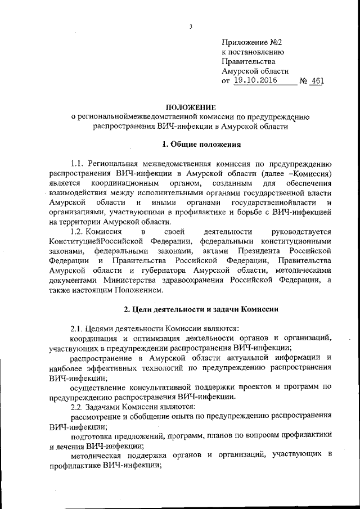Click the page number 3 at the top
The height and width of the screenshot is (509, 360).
pos(191,27)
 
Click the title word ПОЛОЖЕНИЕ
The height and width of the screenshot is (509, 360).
pos(191,106)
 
